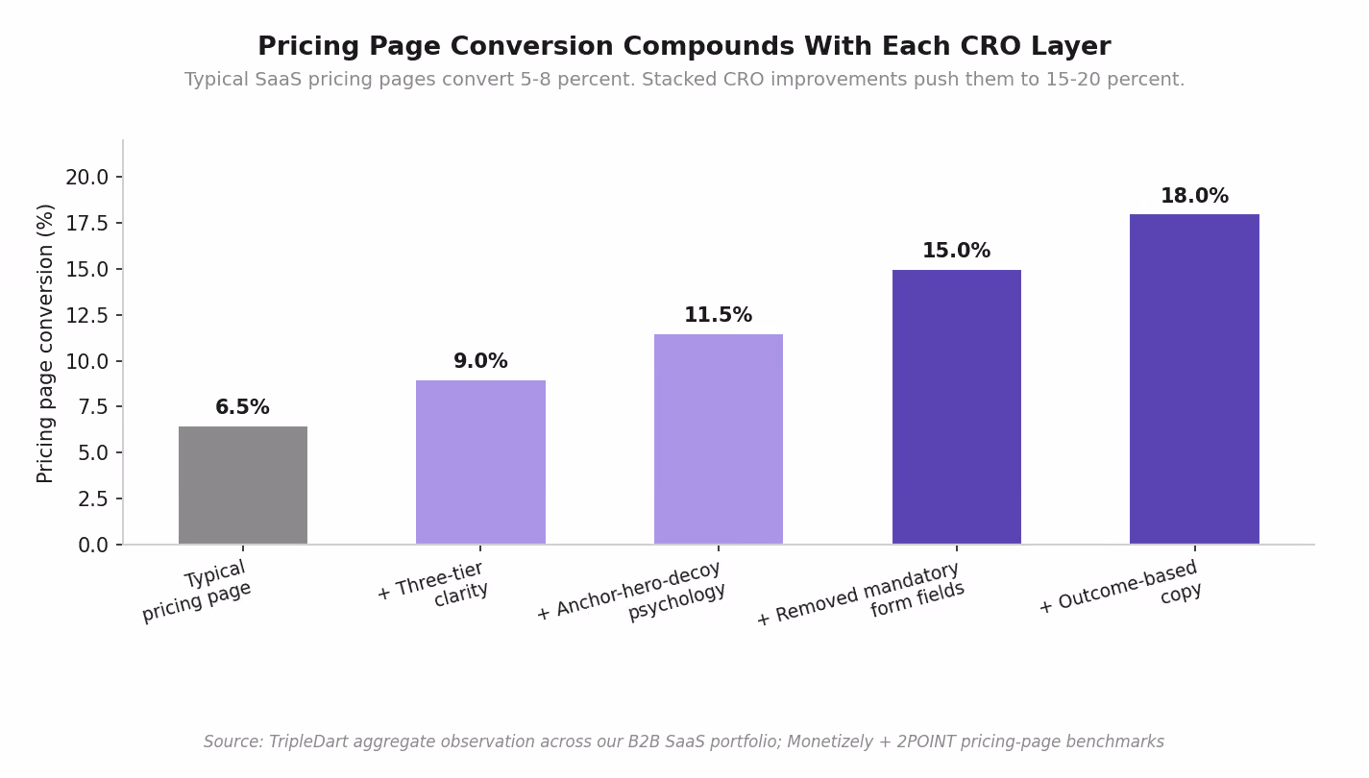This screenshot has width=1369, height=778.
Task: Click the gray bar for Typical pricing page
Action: [243, 485]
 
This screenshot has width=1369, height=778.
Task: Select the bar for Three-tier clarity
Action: [480, 462]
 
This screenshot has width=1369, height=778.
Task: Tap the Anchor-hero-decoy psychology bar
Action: [718, 439]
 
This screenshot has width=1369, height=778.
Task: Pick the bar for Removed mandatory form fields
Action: [957, 407]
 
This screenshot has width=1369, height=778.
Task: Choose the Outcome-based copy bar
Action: [1194, 379]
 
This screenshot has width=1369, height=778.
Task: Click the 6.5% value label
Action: [242, 407]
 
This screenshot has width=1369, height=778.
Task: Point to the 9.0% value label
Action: [480, 361]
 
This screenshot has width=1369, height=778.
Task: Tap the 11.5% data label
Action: [718, 315]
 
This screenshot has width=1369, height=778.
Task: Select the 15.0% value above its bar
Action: [957, 251]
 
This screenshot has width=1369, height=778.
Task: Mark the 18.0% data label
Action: [1194, 196]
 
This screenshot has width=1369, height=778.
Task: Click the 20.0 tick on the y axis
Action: [86, 178]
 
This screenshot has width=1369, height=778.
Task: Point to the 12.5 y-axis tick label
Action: [86, 315]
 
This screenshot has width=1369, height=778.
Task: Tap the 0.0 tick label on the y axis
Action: [93, 546]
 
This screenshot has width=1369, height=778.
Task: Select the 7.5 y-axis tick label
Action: [93, 407]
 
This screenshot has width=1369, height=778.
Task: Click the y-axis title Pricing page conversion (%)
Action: [44, 344]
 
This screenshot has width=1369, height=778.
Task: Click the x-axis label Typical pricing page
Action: [203, 591]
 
